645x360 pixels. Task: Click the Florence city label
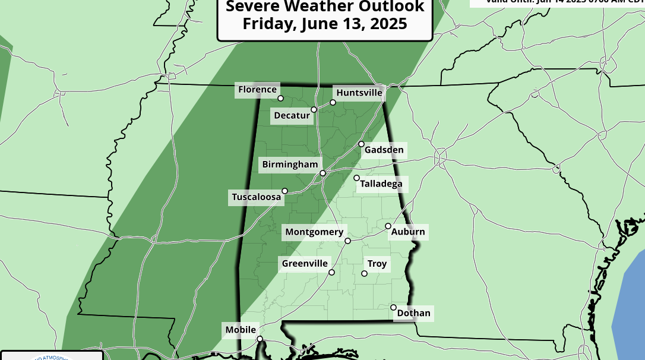(257, 90)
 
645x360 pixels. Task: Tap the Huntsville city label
(359, 93)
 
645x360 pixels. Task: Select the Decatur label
(292, 115)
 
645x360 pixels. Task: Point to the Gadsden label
(384, 150)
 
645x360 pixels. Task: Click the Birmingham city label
(290, 164)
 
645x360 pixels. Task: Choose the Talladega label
(381, 184)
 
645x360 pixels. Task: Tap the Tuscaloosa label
(256, 197)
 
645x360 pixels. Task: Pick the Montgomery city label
(314, 232)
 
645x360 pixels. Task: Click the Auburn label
(408, 232)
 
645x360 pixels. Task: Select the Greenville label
(305, 263)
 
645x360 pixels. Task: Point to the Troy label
(377, 264)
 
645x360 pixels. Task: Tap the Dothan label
(414, 313)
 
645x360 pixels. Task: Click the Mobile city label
(241, 330)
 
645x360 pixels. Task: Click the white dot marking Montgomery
(348, 241)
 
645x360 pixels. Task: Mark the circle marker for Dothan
(393, 307)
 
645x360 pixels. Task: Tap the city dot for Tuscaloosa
(284, 191)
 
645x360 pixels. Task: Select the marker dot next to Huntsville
(333, 102)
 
